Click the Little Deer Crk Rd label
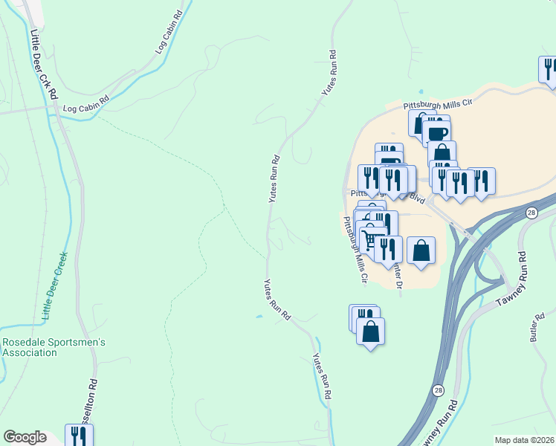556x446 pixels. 42,65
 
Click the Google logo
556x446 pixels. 25,437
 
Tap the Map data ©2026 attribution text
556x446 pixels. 525,440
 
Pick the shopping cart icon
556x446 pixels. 370,238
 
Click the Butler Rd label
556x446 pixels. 538,326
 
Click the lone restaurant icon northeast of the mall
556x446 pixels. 549,70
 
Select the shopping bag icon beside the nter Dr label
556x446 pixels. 421,249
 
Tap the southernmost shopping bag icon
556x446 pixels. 370,331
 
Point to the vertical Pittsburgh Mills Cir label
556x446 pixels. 354,250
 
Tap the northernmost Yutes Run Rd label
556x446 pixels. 329,73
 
